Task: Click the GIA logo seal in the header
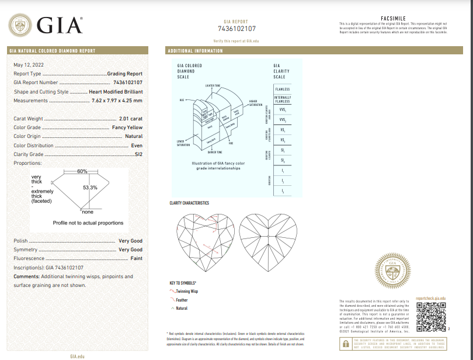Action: click(19, 26)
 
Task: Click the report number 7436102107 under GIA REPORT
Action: click(236, 29)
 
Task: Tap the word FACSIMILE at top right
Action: click(392, 18)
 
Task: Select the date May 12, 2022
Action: click(29, 64)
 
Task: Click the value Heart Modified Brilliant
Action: click(116, 92)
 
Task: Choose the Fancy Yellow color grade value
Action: click(127, 127)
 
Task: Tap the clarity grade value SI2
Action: click(138, 154)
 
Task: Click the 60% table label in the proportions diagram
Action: click(82, 171)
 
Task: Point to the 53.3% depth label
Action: click(90, 187)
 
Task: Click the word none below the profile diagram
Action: click(88, 212)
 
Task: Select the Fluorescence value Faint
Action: click(136, 258)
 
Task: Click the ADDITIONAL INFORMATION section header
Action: click(195, 51)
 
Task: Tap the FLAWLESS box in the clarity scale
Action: click(283, 89)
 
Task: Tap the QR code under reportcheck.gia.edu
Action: click(430, 316)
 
